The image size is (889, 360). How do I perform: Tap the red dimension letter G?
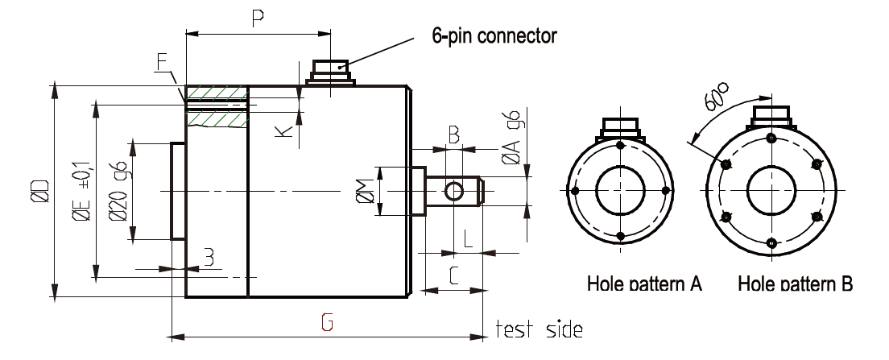(x=326, y=323)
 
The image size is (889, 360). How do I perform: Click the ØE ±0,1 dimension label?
(x=81, y=190)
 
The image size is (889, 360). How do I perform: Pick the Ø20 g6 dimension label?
(x=119, y=190)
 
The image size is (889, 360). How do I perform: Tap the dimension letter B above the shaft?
(x=453, y=135)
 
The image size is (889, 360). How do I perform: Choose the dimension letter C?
(x=453, y=276)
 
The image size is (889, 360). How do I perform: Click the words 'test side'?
(x=538, y=329)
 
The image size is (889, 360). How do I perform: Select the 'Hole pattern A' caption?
(x=644, y=283)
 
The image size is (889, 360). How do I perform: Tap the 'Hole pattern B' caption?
(x=795, y=283)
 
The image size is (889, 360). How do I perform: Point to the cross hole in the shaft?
(x=453, y=191)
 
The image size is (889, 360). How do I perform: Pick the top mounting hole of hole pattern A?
(x=620, y=145)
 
